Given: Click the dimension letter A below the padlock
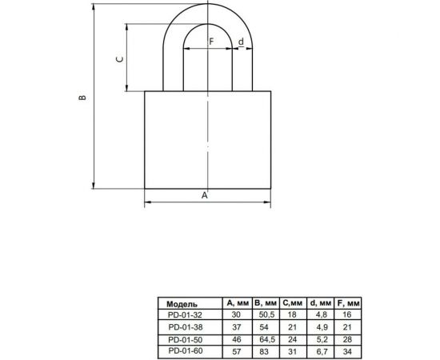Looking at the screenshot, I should pyautogui.click(x=204, y=194).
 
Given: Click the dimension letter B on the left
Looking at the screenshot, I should pyautogui.click(x=82, y=98).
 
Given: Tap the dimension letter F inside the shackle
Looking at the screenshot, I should pyautogui.click(x=210, y=40).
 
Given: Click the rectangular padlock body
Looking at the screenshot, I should pyautogui.click(x=208, y=140).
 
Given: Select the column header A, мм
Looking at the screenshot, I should pyautogui.click(x=238, y=304).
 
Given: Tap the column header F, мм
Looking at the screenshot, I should pyautogui.click(x=350, y=304).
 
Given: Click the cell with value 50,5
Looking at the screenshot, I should pyautogui.click(x=265, y=314).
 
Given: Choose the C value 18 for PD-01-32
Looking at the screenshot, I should pyautogui.click(x=293, y=314).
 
